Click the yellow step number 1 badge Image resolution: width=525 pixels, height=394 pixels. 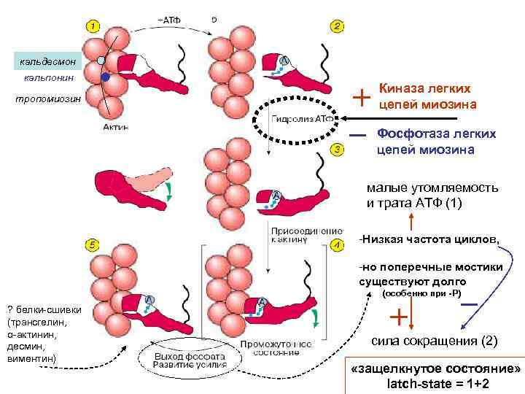(x=93, y=26)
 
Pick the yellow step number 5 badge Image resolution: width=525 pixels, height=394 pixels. (x=93, y=245)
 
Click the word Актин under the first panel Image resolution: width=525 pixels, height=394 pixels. (x=114, y=127)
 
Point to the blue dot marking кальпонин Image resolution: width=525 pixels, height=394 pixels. (x=106, y=76)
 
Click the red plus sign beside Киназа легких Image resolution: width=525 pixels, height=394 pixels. (x=361, y=96)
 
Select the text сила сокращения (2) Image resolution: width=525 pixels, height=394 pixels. (x=434, y=341)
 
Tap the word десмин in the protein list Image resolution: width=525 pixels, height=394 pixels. (x=24, y=347)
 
